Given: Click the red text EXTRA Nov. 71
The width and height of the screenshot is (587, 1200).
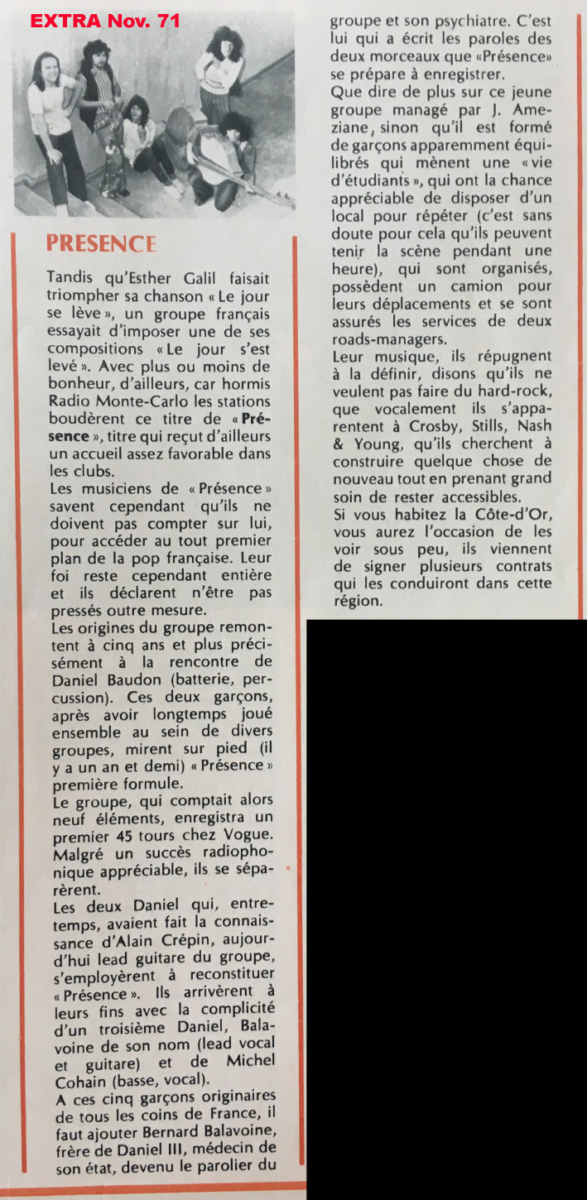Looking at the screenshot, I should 104,21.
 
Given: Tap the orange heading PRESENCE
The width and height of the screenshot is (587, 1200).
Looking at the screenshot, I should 101,243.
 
